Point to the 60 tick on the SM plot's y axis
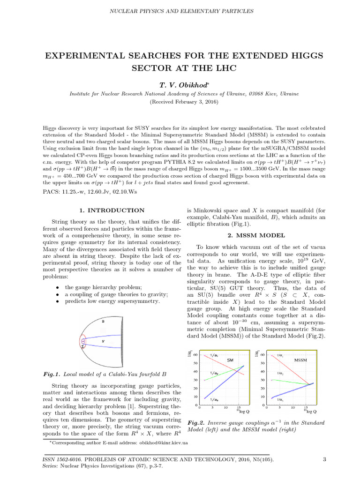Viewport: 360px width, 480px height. coord(195,355)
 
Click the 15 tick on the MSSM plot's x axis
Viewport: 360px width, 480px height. coord(306,407)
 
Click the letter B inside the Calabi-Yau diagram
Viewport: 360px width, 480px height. coord(103,322)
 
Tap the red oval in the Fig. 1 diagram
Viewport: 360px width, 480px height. coord(83,342)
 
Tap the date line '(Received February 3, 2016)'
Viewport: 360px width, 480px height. coord(180,102)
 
